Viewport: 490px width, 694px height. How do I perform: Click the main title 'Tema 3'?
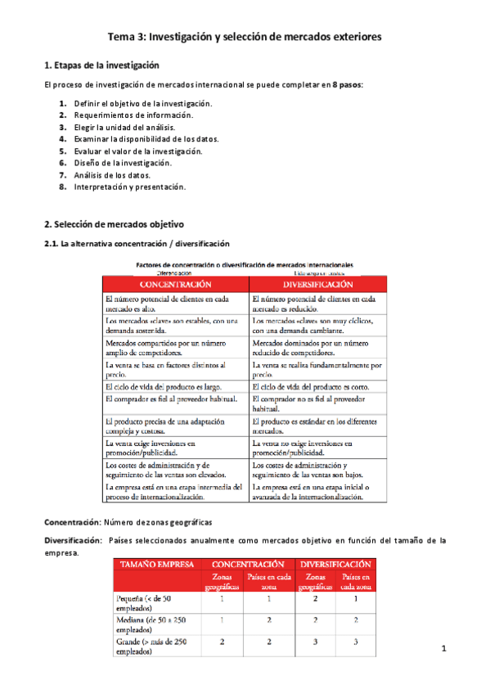pyautogui.click(x=245, y=37)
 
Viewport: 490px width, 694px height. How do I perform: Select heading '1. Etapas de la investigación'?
pyautogui.click(x=101, y=65)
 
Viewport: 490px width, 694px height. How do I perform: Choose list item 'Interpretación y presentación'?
pyautogui.click(x=129, y=187)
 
